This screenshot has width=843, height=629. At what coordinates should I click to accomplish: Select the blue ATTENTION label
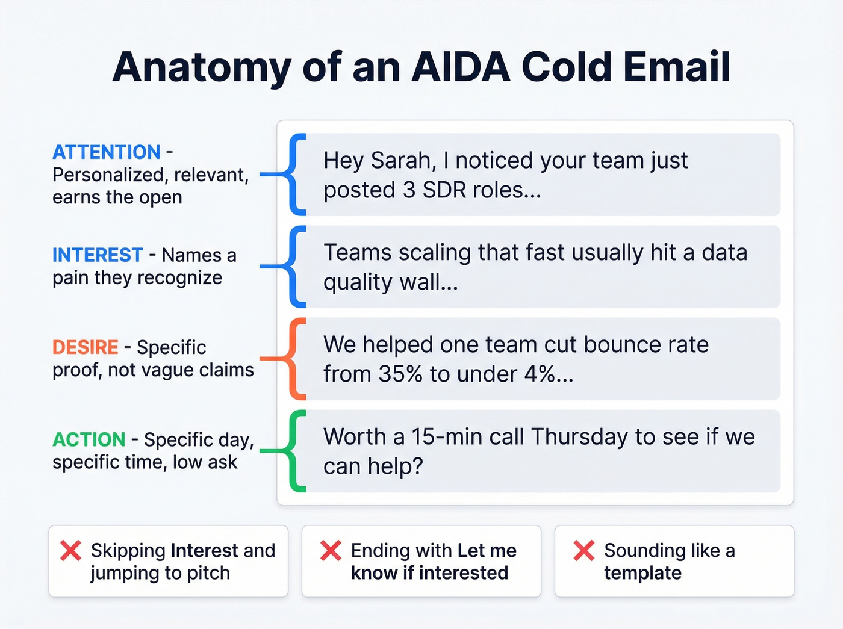tap(107, 152)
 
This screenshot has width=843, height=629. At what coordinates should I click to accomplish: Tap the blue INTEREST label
tap(98, 255)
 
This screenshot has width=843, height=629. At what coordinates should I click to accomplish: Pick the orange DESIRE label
tap(86, 347)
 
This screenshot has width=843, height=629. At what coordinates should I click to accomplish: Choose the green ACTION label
tap(89, 439)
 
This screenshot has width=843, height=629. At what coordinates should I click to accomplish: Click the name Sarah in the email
tap(403, 161)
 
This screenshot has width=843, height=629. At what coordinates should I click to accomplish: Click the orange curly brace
tap(295, 359)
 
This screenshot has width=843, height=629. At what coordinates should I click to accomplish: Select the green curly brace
tap(295, 451)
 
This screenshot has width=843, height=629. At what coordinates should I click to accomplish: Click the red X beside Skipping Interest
tap(71, 550)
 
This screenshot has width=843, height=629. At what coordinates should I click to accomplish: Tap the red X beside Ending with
tap(331, 550)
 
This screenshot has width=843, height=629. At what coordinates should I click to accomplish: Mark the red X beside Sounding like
tap(583, 550)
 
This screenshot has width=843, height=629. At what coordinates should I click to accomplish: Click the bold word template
tap(642, 573)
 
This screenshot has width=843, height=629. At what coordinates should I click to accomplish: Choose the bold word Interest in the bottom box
tap(204, 550)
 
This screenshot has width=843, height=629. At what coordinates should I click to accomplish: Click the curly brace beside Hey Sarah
tap(295, 175)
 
